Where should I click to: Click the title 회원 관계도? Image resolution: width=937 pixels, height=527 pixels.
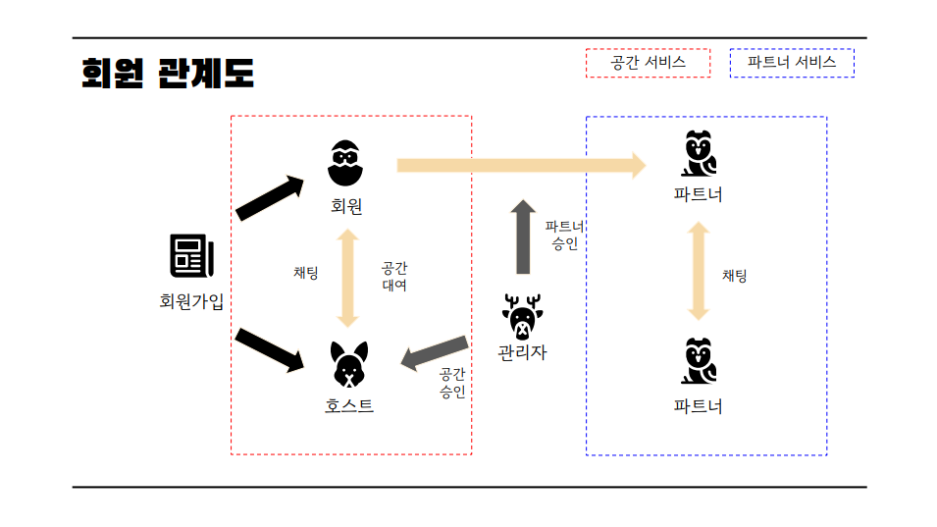click(168, 73)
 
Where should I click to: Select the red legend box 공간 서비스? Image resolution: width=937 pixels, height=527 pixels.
click(648, 63)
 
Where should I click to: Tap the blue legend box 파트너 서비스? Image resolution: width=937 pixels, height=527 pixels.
click(792, 63)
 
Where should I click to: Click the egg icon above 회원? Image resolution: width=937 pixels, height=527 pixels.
click(345, 163)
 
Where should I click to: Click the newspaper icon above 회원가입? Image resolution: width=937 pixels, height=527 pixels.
click(191, 257)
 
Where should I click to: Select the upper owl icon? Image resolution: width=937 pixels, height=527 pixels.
click(699, 154)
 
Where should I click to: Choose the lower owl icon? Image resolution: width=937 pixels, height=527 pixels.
click(699, 362)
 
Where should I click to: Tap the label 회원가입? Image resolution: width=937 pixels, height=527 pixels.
click(191, 301)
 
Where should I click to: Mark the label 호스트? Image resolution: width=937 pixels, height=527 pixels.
click(349, 405)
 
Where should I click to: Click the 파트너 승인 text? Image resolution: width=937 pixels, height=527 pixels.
click(565, 236)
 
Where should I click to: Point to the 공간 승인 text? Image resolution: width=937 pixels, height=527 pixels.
click(452, 382)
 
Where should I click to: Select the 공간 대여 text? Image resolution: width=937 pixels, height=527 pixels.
click(394, 277)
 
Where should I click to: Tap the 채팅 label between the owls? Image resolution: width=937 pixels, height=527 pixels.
click(734, 276)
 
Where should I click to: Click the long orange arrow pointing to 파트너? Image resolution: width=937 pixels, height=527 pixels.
click(520, 165)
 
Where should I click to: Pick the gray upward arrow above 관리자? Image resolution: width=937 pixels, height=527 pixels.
click(523, 237)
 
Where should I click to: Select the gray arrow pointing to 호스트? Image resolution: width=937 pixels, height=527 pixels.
click(435, 353)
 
